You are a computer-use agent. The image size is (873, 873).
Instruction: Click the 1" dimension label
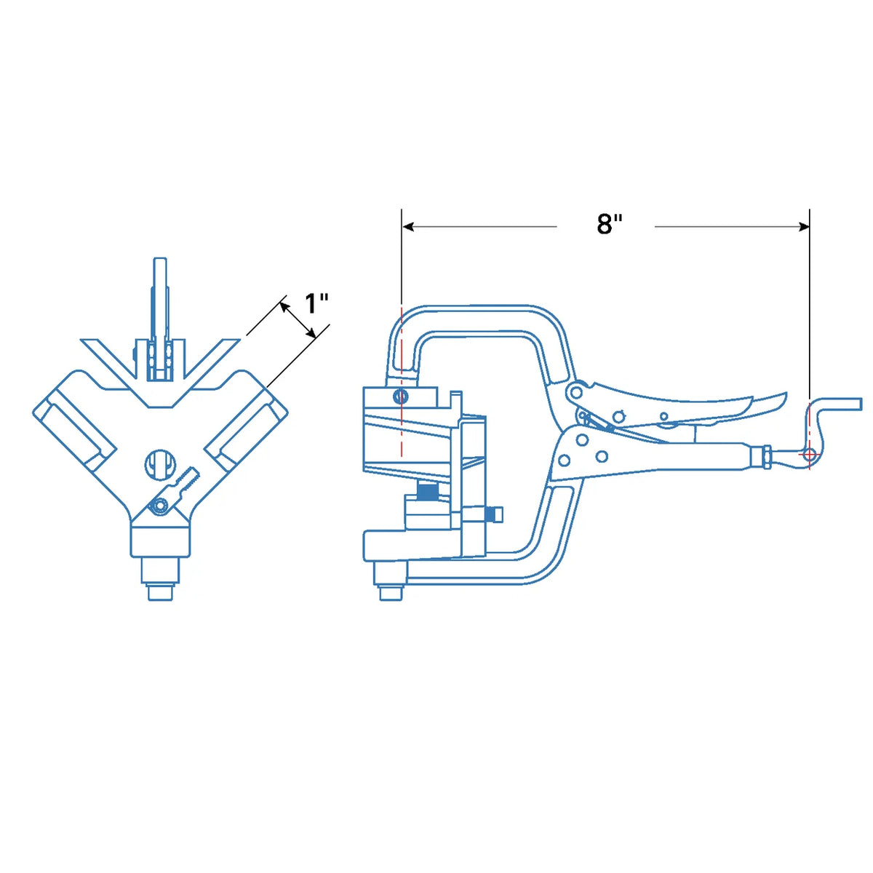coord(316,303)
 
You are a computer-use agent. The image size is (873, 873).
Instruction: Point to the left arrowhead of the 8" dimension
coord(407,226)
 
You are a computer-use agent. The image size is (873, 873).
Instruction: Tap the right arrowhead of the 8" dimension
coord(803,226)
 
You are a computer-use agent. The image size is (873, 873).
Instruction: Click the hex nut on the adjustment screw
coord(762,458)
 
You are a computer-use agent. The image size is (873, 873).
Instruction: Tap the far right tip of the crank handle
coord(861,404)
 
